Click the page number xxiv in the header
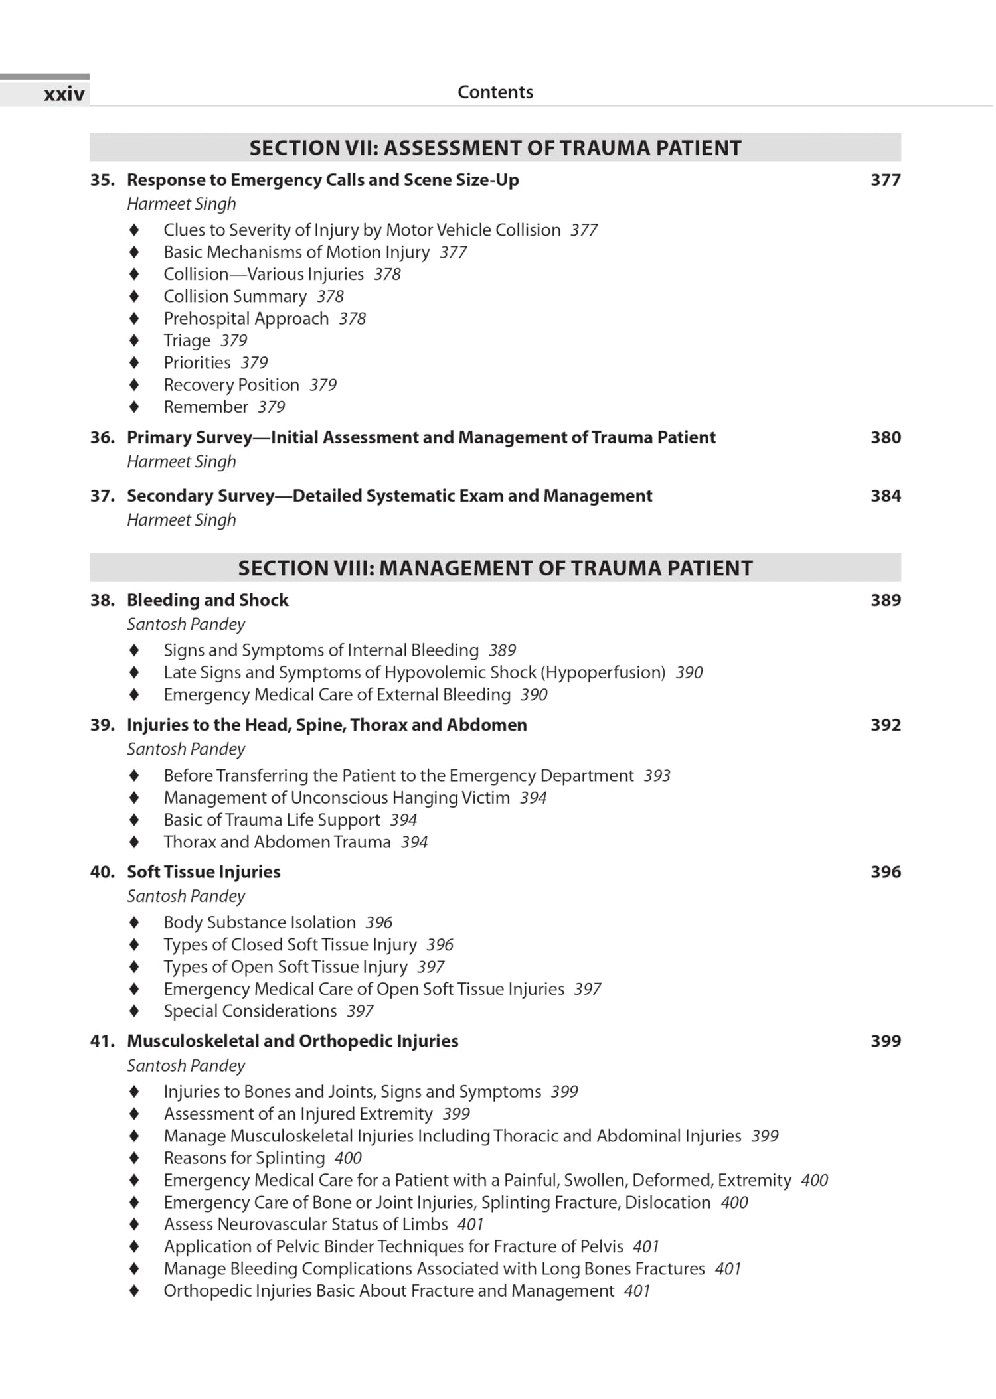coord(64,94)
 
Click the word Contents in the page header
coord(495,92)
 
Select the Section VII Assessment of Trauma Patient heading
coord(495,147)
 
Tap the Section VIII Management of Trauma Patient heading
coord(495,568)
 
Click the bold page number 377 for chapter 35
coord(885,180)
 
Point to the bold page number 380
coord(885,437)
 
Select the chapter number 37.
coord(102,496)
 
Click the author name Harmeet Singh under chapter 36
coord(181,461)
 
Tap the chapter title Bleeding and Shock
coord(207,600)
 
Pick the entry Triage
coord(187,340)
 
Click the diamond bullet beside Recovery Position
coord(134,385)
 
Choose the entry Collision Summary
coord(235,296)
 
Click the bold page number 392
coord(885,725)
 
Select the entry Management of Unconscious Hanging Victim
coord(337,798)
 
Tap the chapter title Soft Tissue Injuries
coord(203,871)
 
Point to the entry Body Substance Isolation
coord(260,922)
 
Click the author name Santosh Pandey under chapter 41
coord(186,1065)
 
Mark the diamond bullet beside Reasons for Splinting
coord(134,1158)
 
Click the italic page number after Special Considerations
coord(360,1011)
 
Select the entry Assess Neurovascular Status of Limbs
coord(305,1224)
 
